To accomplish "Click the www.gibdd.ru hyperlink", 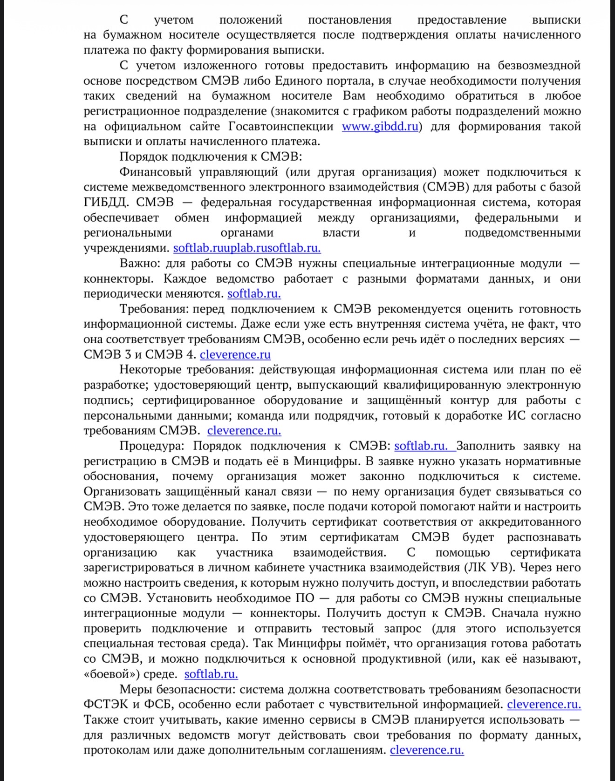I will [380, 127].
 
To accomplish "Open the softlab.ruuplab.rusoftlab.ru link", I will [247, 248].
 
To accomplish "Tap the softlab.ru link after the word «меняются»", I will [254, 294].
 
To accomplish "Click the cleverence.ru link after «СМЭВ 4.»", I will [235, 355].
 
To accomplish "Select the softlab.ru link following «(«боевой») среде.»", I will [211, 674].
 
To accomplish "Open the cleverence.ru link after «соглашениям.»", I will [427, 750].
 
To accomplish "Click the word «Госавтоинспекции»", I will [281, 127].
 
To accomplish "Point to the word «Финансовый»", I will [155, 172].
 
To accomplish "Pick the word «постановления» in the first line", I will [349, 20].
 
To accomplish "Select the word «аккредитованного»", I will [530, 522].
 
